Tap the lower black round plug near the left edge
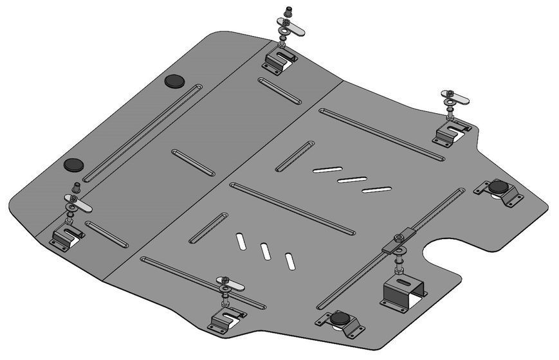[x=73, y=164]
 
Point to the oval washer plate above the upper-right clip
[x=455, y=100]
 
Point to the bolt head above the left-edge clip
[x=75, y=187]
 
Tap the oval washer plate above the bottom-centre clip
[x=230, y=281]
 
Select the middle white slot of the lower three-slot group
[x=264, y=251]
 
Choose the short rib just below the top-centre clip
[x=279, y=91]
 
